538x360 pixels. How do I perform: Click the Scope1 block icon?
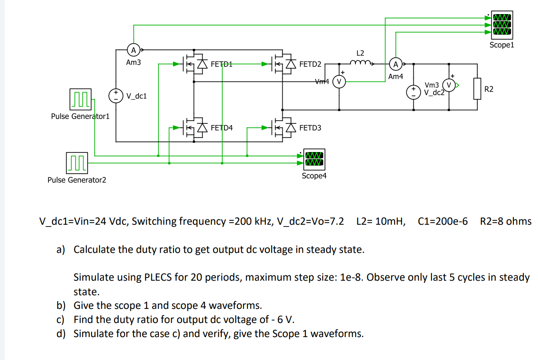pos(502,25)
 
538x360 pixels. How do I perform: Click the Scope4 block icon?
pos(314,160)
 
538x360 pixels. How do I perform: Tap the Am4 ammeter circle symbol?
pos(396,65)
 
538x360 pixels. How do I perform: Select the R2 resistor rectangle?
pos(477,89)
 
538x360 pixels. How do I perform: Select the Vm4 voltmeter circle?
pos(339,81)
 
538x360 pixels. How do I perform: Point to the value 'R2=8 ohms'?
pos(506,221)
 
